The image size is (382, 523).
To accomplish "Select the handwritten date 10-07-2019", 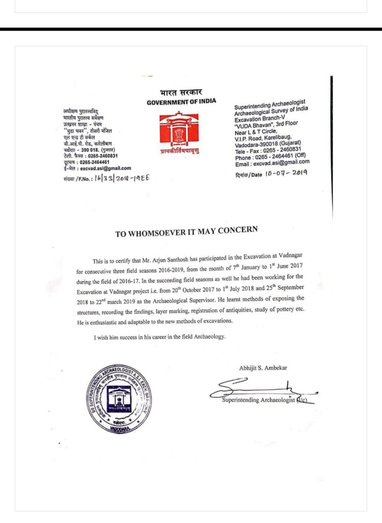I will point(285,173).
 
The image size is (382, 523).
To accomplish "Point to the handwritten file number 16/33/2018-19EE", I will point(122,178).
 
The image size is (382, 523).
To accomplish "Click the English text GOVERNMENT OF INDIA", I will point(181,102).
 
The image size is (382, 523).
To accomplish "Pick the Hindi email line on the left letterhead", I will point(97,168).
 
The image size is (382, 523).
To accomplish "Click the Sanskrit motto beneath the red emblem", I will point(178,151).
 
